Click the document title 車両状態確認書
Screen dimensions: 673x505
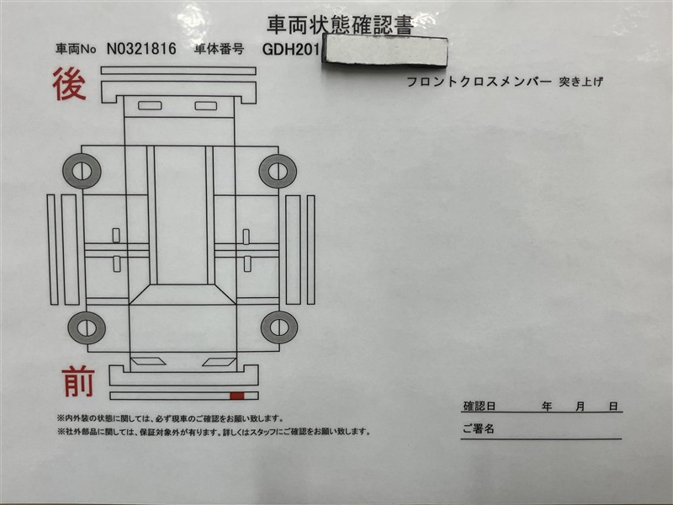[x=340, y=25]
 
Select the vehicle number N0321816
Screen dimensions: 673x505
[x=141, y=49]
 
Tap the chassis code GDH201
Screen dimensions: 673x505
[x=291, y=50]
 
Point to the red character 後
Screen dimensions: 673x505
[x=69, y=85]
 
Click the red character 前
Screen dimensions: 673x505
[x=78, y=381]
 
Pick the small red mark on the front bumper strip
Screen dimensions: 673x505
[x=237, y=396]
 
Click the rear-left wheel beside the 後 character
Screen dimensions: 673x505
[x=82, y=171]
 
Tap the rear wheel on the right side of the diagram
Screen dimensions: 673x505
[x=278, y=171]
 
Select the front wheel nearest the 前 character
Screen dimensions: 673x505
[x=87, y=327]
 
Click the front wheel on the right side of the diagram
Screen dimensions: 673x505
[x=279, y=327]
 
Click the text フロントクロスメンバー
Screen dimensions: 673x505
[x=479, y=82]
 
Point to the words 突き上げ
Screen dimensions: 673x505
[x=581, y=81]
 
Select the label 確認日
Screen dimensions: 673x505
[x=480, y=406]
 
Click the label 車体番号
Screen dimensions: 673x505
[x=220, y=49]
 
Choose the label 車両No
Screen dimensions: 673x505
[x=76, y=49]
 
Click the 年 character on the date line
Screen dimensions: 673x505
[x=546, y=406]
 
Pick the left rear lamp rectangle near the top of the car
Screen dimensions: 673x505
[x=150, y=105]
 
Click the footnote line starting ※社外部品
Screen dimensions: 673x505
[x=214, y=432]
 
